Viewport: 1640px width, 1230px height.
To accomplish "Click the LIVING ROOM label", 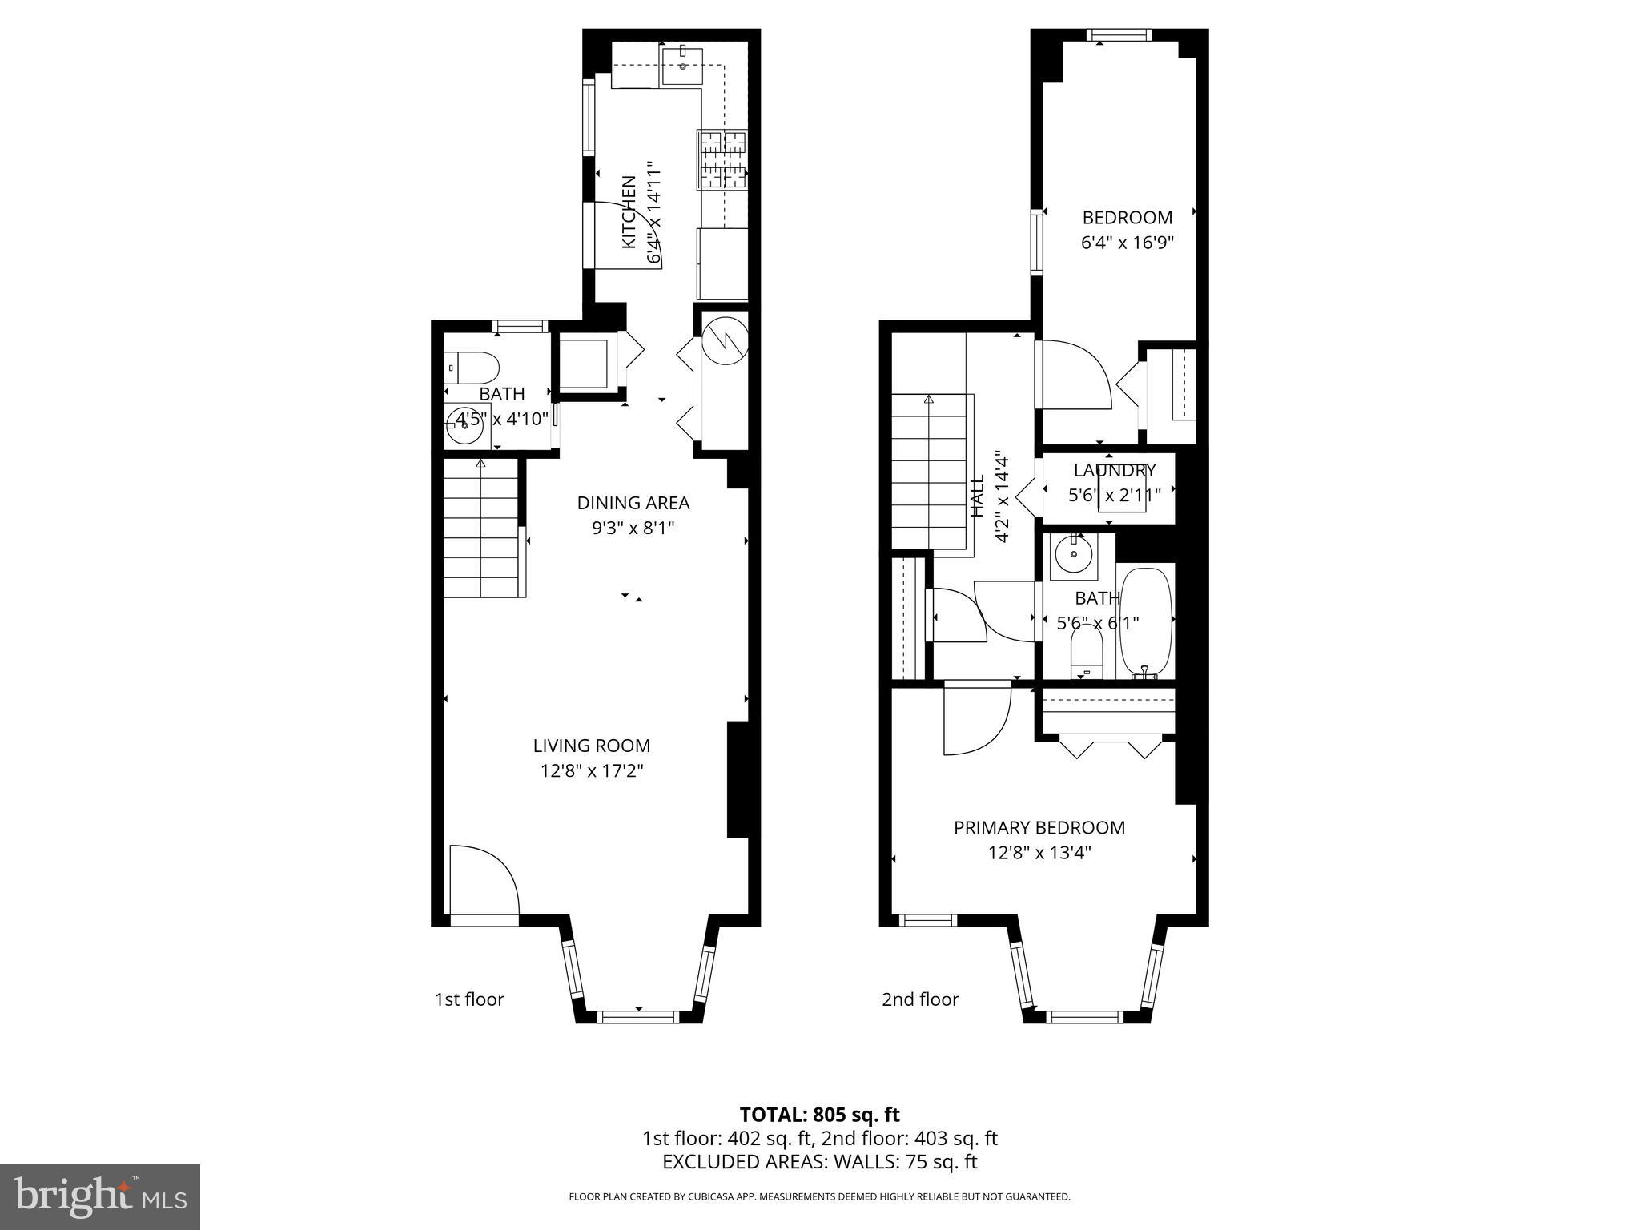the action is tap(592, 746).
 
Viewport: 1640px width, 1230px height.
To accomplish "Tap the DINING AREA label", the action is tap(633, 503).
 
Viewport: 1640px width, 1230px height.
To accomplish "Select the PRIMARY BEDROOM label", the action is tap(1039, 827).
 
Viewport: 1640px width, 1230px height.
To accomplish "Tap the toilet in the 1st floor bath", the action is tap(472, 368).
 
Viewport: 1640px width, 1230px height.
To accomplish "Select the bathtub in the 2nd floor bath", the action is tap(1146, 623).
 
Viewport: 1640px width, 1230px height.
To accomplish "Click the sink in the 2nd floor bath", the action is tap(1073, 553).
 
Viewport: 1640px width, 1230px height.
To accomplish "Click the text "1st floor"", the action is tap(469, 999).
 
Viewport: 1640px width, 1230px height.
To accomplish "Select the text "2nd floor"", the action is tap(920, 999).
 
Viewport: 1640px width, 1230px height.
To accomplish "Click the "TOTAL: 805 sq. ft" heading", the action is tap(820, 1115).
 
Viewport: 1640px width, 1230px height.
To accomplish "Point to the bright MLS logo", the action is tap(100, 1197).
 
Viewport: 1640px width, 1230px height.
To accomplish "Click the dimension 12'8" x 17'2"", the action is tap(592, 771).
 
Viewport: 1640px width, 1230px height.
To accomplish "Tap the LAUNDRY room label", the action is tap(1115, 470).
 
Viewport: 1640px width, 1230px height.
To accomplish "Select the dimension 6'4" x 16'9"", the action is tap(1127, 243).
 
